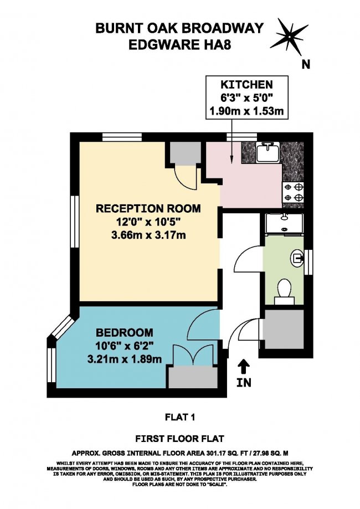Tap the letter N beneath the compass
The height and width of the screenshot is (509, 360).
(x=306, y=65)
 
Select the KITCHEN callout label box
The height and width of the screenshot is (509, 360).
(x=246, y=97)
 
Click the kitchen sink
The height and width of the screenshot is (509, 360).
(x=269, y=152)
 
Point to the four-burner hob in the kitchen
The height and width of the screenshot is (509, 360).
(x=294, y=192)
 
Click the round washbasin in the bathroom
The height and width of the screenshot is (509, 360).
(x=297, y=258)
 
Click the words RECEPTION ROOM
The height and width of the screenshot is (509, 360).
(x=148, y=208)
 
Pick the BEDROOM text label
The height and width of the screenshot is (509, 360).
(x=124, y=333)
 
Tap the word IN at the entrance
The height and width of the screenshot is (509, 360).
(x=244, y=382)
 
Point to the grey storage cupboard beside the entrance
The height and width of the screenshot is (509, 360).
(x=283, y=329)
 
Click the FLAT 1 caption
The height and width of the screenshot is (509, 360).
(x=180, y=417)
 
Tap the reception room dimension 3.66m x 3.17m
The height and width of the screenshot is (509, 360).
(x=148, y=234)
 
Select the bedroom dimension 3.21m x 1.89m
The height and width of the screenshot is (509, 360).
(x=124, y=359)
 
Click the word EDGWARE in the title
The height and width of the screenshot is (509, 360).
(x=161, y=44)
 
